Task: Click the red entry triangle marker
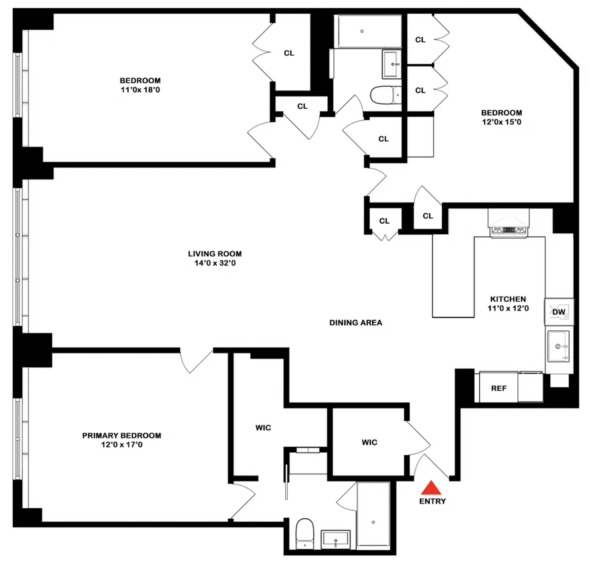pyautogui.click(x=431, y=488)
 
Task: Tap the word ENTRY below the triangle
pyautogui.click(x=432, y=501)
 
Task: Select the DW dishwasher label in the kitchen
pyautogui.click(x=559, y=312)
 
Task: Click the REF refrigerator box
pyautogui.click(x=499, y=388)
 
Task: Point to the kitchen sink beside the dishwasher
pyautogui.click(x=558, y=346)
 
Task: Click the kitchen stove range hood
pyautogui.click(x=509, y=224)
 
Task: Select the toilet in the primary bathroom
pyautogui.click(x=305, y=533)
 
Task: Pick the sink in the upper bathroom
pyautogui.click(x=392, y=65)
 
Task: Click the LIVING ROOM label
pyautogui.click(x=215, y=254)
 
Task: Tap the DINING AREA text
pyautogui.click(x=355, y=323)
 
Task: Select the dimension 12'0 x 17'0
pyautogui.click(x=122, y=445)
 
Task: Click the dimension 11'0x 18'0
pyautogui.click(x=140, y=90)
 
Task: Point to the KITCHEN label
pyautogui.click(x=508, y=299)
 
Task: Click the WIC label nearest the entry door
pyautogui.click(x=369, y=442)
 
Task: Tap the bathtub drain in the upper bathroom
pyautogui.click(x=362, y=31)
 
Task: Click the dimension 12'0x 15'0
pyautogui.click(x=502, y=122)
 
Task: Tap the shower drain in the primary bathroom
pyautogui.click(x=373, y=522)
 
